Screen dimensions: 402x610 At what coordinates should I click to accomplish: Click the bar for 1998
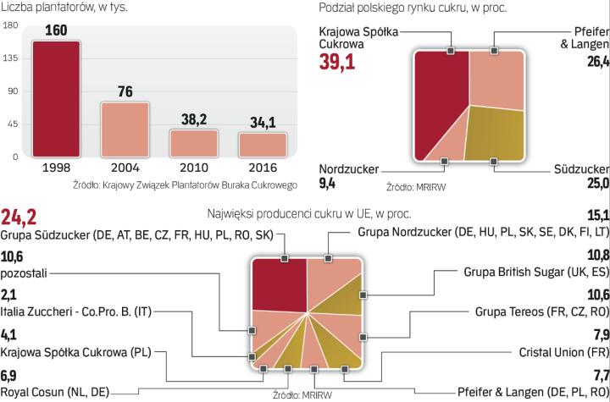57,99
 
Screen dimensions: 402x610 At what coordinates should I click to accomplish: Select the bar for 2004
125,129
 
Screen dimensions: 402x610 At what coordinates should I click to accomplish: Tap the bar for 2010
193,143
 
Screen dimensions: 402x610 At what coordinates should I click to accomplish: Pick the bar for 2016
262,145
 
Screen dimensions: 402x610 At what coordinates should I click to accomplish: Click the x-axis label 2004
125,168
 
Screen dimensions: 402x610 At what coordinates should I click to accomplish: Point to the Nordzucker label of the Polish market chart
349,168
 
